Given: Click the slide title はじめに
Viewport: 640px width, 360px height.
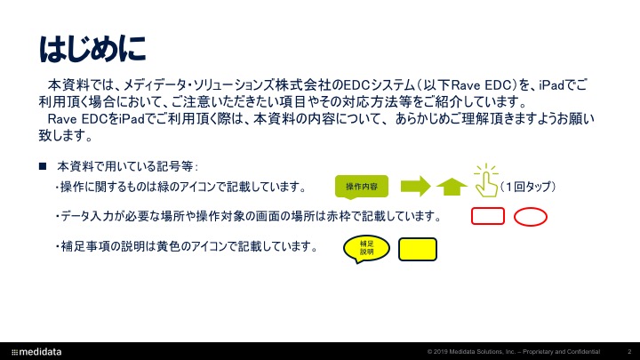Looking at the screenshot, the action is pos(92,49).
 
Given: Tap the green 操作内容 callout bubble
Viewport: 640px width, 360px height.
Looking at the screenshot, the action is pos(362,187).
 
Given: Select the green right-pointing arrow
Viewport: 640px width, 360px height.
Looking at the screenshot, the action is pos(415,186).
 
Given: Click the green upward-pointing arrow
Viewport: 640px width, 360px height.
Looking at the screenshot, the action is pos(452,188).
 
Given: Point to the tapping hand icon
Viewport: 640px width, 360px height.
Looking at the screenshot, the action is pos(486,181).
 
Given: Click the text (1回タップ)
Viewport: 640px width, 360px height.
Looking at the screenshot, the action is pos(528,187).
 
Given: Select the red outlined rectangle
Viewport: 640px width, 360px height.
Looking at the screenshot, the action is pos(488,216).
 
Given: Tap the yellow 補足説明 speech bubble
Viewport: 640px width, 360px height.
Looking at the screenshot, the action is pos(366,248).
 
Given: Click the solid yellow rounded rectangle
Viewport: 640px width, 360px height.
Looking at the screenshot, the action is pos(418,250).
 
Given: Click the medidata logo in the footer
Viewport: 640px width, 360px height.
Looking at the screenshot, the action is pos(36,352).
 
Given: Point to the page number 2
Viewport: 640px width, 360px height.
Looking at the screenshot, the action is pos(629,352).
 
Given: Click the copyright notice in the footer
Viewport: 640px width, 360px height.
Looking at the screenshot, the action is pos(514,352).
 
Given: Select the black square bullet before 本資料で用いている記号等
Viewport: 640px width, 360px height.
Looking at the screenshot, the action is pos(43,165).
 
